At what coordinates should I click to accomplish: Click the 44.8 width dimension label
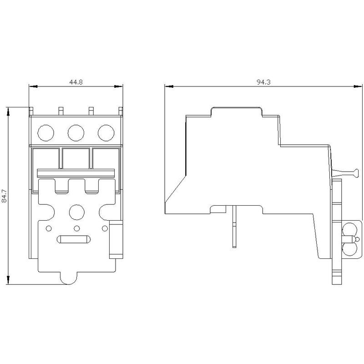tap(76, 82)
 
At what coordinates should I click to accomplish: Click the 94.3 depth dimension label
tap(263, 82)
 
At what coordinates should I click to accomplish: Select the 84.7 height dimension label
tap(5, 196)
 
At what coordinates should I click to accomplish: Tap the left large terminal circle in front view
tap(46, 133)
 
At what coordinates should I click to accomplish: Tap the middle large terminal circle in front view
tap(76, 133)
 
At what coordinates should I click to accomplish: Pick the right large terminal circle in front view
tap(106, 133)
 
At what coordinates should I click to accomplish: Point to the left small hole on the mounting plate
tap(49, 228)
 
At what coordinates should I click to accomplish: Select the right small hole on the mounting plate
tap(105, 228)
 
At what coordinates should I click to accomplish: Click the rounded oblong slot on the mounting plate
tap(74, 239)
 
